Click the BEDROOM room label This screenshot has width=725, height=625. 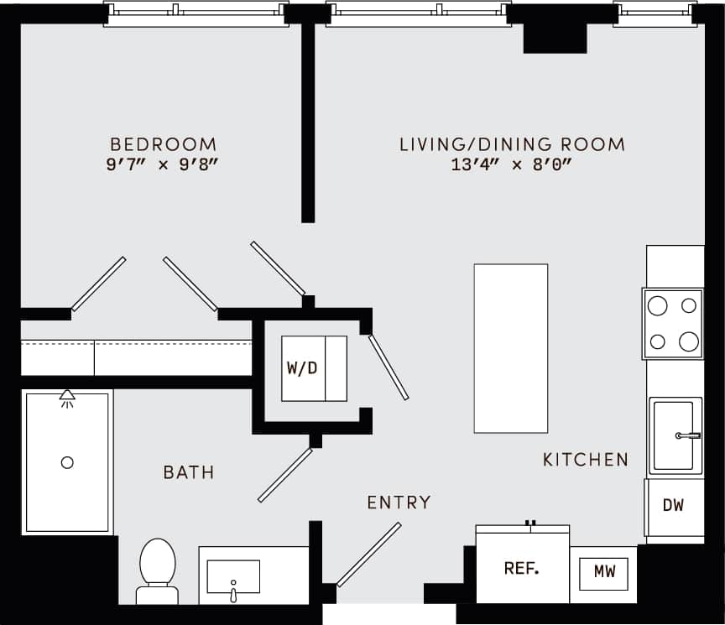pos(163,144)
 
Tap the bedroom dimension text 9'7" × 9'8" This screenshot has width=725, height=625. pos(163,165)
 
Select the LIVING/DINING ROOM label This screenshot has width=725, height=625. pos(512,144)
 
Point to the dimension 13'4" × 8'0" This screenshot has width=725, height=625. pos(511,165)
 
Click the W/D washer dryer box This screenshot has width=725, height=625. pos(313,368)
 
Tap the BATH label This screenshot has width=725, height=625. pos(189,473)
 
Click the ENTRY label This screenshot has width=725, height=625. pos(399,503)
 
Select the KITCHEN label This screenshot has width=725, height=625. pos(586,460)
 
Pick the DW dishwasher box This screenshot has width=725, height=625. pos(674,506)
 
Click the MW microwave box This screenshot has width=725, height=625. pos(604,572)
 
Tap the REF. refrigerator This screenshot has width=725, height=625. pos(522,568)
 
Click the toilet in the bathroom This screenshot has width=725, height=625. pos(157,568)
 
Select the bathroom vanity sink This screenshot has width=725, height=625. pos(233,577)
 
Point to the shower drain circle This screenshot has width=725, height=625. pos(67,462)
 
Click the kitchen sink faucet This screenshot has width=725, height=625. pos(688,435)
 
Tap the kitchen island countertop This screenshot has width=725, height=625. pos(510,348)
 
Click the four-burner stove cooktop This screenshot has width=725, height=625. pos(673,324)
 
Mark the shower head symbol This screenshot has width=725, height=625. pos(67,398)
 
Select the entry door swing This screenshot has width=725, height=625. pos(368,555)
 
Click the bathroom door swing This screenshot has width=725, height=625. pos(285,475)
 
